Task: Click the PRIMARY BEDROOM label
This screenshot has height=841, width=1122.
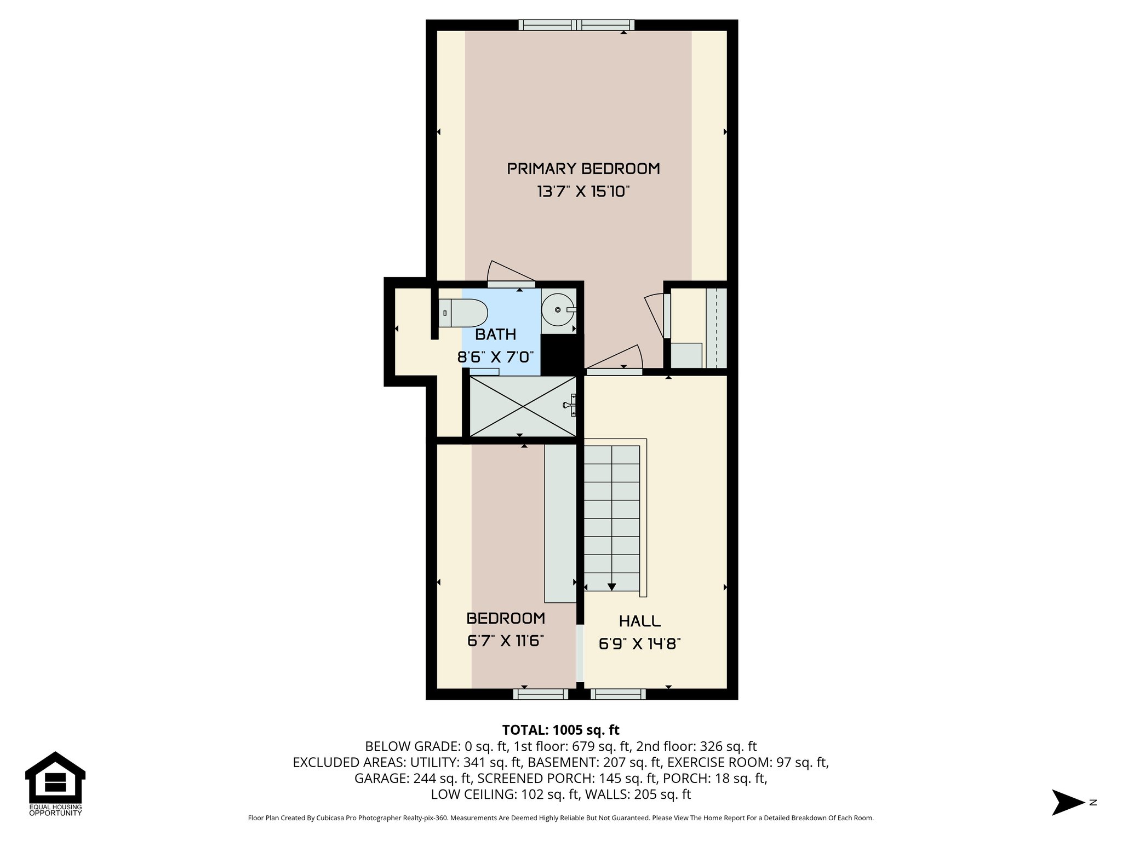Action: [583, 169]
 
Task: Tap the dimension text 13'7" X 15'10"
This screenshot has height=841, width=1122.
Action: [583, 192]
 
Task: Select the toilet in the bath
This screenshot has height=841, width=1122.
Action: [463, 313]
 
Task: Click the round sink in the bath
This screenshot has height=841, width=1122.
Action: [558, 310]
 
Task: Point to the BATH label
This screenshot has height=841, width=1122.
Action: [495, 335]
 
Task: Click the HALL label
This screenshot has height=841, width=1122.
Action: [639, 621]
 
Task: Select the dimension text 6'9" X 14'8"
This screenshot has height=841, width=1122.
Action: [639, 644]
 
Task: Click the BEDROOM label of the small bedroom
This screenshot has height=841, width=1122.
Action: [506, 618]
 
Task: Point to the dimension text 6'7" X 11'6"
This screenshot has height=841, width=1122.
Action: [505, 641]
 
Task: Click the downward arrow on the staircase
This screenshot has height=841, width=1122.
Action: [611, 586]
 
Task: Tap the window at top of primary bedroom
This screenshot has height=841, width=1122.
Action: [576, 25]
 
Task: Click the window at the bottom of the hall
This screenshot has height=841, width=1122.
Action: [618, 694]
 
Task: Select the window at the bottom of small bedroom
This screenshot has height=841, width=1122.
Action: [541, 694]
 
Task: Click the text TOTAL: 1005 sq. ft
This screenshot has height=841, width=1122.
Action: [560, 730]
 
